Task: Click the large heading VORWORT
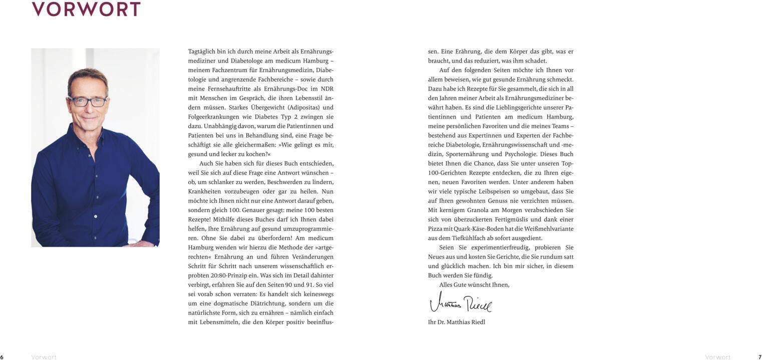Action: (x=86, y=9)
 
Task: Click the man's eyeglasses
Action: (x=88, y=101)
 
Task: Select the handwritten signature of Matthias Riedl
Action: (x=461, y=303)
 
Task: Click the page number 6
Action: (x=2, y=357)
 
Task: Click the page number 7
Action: (x=759, y=357)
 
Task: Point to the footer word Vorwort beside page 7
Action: (x=717, y=357)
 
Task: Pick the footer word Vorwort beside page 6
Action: (x=44, y=357)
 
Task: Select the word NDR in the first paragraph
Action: (x=327, y=89)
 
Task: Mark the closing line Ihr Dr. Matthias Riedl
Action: (x=457, y=322)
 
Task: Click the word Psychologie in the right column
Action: (x=520, y=154)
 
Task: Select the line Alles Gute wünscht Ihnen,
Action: (x=474, y=285)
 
